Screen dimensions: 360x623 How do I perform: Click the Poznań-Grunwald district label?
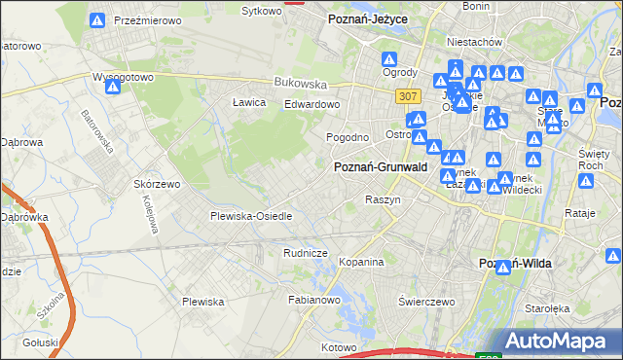(x=381, y=167)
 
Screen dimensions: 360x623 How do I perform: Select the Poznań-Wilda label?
(x=516, y=265)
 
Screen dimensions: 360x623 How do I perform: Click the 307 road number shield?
(x=408, y=95)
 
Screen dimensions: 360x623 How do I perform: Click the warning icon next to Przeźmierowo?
(x=96, y=20)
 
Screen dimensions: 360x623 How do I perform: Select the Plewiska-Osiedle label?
(x=251, y=216)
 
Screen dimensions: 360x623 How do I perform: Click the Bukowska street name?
(x=298, y=83)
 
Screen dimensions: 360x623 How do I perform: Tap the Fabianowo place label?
(x=312, y=300)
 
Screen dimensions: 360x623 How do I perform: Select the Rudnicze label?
(x=304, y=253)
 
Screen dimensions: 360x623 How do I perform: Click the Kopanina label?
(x=362, y=262)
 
